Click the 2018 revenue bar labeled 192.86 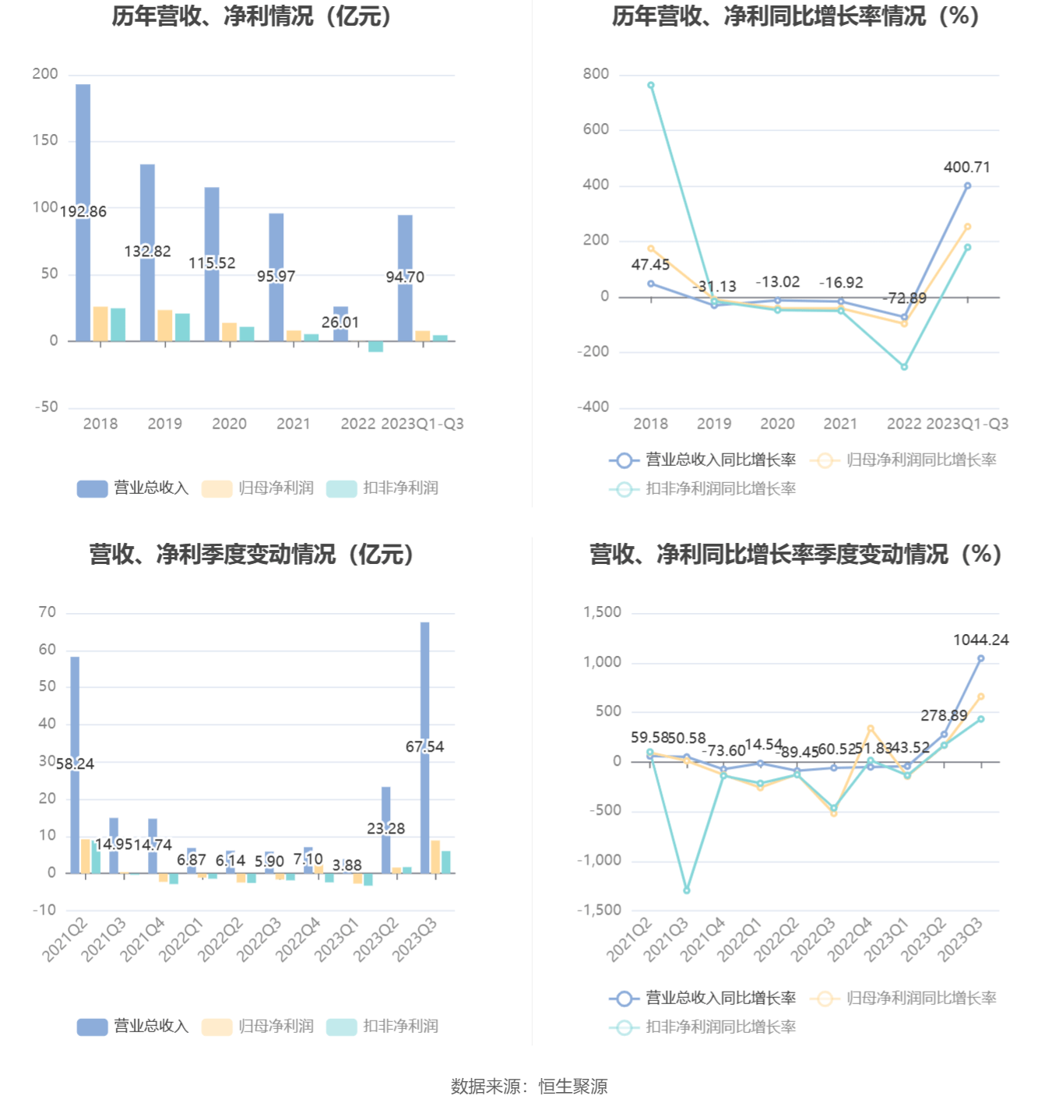83,156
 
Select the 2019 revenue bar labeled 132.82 147,203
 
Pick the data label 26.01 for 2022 340,322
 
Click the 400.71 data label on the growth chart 966,167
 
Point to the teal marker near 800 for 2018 651,86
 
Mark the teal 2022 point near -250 904,367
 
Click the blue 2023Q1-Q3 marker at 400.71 967,186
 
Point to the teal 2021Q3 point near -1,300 687,890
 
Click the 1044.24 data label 980,640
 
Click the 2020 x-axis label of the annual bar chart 229,424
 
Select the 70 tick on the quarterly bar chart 47,613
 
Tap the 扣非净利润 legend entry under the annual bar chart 383,488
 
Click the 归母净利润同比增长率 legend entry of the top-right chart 904,460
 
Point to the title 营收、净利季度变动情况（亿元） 252,555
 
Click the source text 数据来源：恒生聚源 529,1087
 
